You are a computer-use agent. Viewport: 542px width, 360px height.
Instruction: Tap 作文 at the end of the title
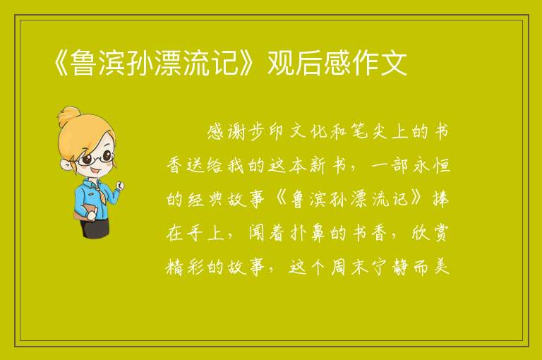click(x=380, y=63)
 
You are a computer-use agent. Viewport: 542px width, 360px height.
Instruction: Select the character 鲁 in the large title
click(x=83, y=63)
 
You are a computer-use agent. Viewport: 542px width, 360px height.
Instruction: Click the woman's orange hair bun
click(x=68, y=116)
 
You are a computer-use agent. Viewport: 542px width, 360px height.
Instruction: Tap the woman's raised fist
click(x=119, y=186)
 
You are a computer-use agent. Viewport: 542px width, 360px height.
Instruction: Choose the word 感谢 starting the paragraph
click(x=227, y=132)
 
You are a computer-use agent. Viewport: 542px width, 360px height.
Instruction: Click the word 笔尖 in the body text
click(x=370, y=132)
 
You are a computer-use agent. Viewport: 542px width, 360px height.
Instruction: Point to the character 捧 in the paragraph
click(x=440, y=200)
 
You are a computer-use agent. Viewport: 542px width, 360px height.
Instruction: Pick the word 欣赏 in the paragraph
click(x=430, y=234)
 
